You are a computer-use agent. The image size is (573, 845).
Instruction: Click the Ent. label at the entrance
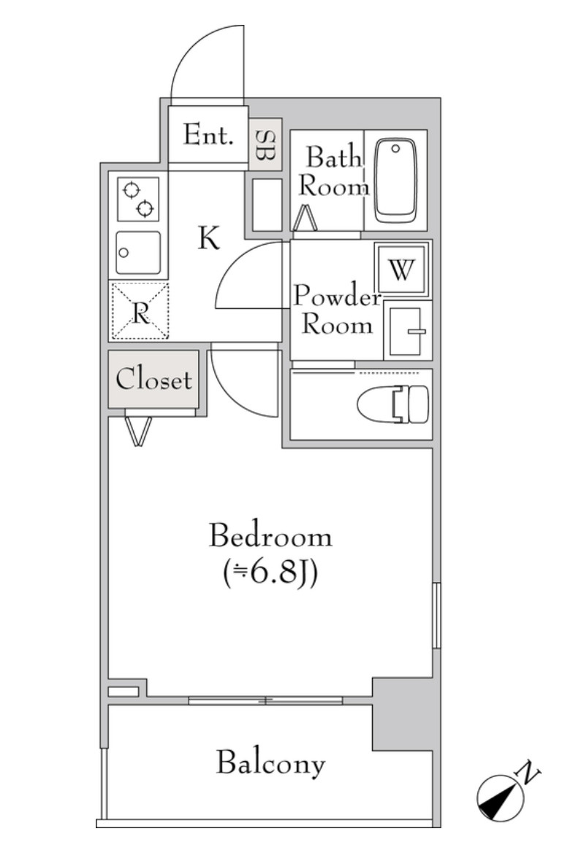tap(208, 134)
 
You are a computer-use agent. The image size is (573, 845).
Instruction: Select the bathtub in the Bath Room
tap(396, 181)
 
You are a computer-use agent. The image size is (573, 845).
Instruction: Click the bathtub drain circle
tap(395, 148)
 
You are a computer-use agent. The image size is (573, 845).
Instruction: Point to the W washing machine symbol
tap(402, 269)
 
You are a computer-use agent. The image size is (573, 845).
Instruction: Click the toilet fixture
tap(393, 404)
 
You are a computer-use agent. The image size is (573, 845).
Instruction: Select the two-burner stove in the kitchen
tap(138, 199)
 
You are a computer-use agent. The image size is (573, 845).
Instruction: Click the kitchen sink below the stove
tap(138, 252)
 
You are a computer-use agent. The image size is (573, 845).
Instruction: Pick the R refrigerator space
tap(140, 311)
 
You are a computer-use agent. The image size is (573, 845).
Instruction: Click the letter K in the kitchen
tap(209, 237)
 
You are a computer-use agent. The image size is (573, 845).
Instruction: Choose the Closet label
tap(153, 379)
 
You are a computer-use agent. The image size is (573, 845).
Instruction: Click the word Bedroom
tap(270, 536)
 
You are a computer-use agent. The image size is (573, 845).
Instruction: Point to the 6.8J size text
tap(270, 573)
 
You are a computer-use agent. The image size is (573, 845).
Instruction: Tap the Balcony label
tap(271, 764)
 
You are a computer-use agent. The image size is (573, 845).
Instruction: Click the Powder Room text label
tap(337, 310)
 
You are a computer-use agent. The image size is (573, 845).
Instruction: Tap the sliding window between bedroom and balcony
tap(265, 700)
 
